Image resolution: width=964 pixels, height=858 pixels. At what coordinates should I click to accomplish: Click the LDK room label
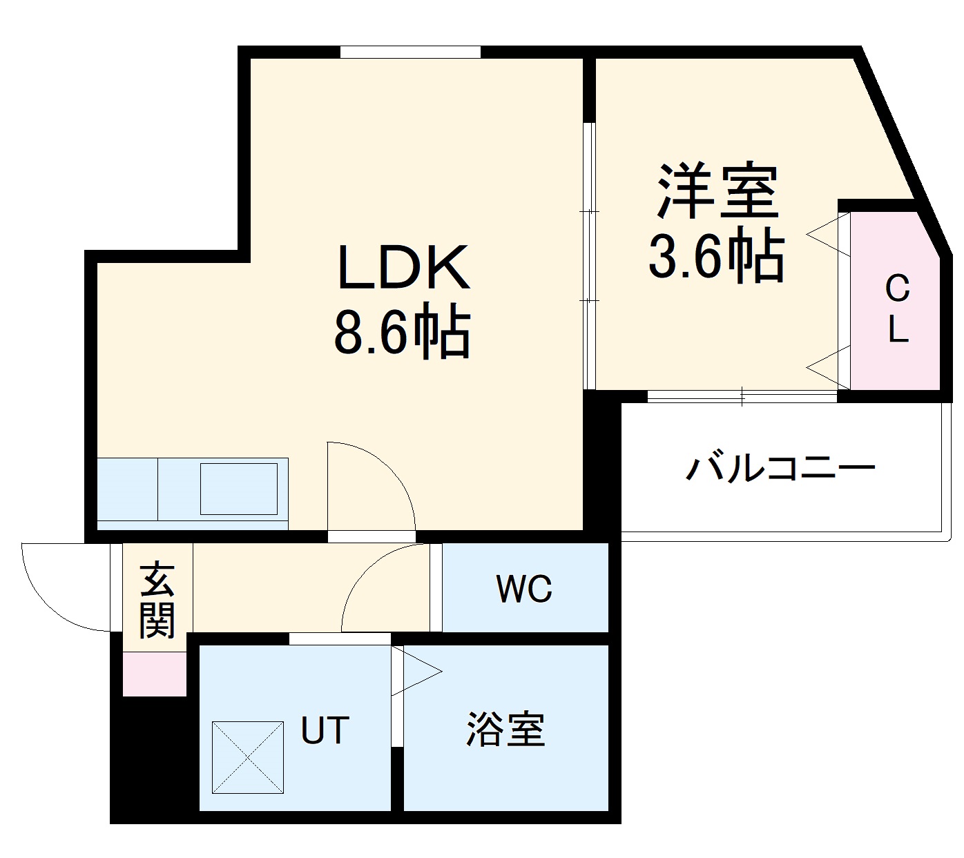point(404,269)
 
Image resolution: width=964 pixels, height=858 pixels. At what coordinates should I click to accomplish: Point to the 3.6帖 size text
point(716,256)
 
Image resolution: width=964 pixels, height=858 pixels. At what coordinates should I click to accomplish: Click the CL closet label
point(897,309)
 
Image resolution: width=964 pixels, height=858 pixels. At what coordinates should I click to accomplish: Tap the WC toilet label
point(523,589)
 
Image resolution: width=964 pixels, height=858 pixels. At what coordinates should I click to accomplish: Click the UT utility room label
point(325,730)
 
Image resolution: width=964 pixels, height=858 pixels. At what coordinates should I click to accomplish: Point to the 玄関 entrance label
point(157,601)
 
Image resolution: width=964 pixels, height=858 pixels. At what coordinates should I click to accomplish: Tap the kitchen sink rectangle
point(238,489)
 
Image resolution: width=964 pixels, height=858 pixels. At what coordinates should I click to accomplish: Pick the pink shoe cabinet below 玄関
point(155,674)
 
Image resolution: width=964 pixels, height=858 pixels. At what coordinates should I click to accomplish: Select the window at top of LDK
point(410,52)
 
